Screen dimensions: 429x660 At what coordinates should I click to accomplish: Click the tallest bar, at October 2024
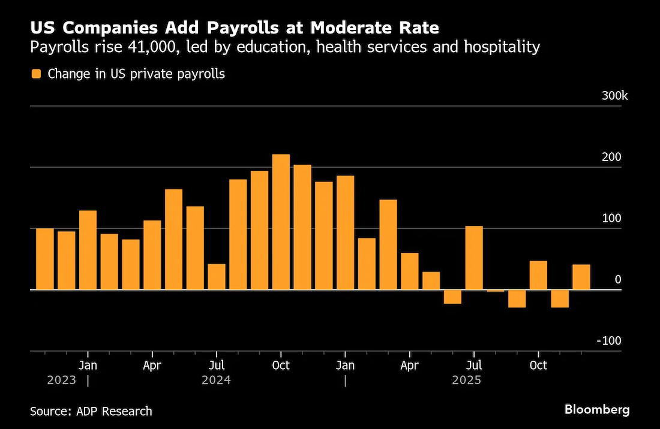(x=281, y=222)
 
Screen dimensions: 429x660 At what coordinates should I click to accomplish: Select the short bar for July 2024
(x=217, y=276)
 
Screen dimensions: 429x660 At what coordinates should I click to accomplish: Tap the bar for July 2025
(x=474, y=258)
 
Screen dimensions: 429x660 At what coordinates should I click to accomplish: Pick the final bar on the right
(x=581, y=277)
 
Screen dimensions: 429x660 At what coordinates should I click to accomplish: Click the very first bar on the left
(x=45, y=259)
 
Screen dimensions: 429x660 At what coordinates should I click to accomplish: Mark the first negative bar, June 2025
(x=452, y=297)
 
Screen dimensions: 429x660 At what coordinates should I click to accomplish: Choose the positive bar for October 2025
(x=538, y=275)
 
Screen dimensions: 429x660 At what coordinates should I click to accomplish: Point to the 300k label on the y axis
(x=615, y=96)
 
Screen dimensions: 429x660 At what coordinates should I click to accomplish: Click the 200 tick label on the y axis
(x=612, y=158)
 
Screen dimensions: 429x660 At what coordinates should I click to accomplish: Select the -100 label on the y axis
(x=610, y=341)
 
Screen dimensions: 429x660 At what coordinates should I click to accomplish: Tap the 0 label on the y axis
(x=618, y=280)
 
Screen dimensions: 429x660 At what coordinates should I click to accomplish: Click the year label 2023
(x=62, y=380)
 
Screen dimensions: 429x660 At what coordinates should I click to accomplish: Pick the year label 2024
(x=217, y=380)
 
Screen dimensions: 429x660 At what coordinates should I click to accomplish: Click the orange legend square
(x=37, y=74)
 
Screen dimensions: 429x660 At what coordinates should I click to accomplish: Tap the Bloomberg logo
(x=597, y=410)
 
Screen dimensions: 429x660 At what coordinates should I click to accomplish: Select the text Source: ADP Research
(x=91, y=411)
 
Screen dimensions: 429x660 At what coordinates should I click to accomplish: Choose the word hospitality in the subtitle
(x=502, y=47)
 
